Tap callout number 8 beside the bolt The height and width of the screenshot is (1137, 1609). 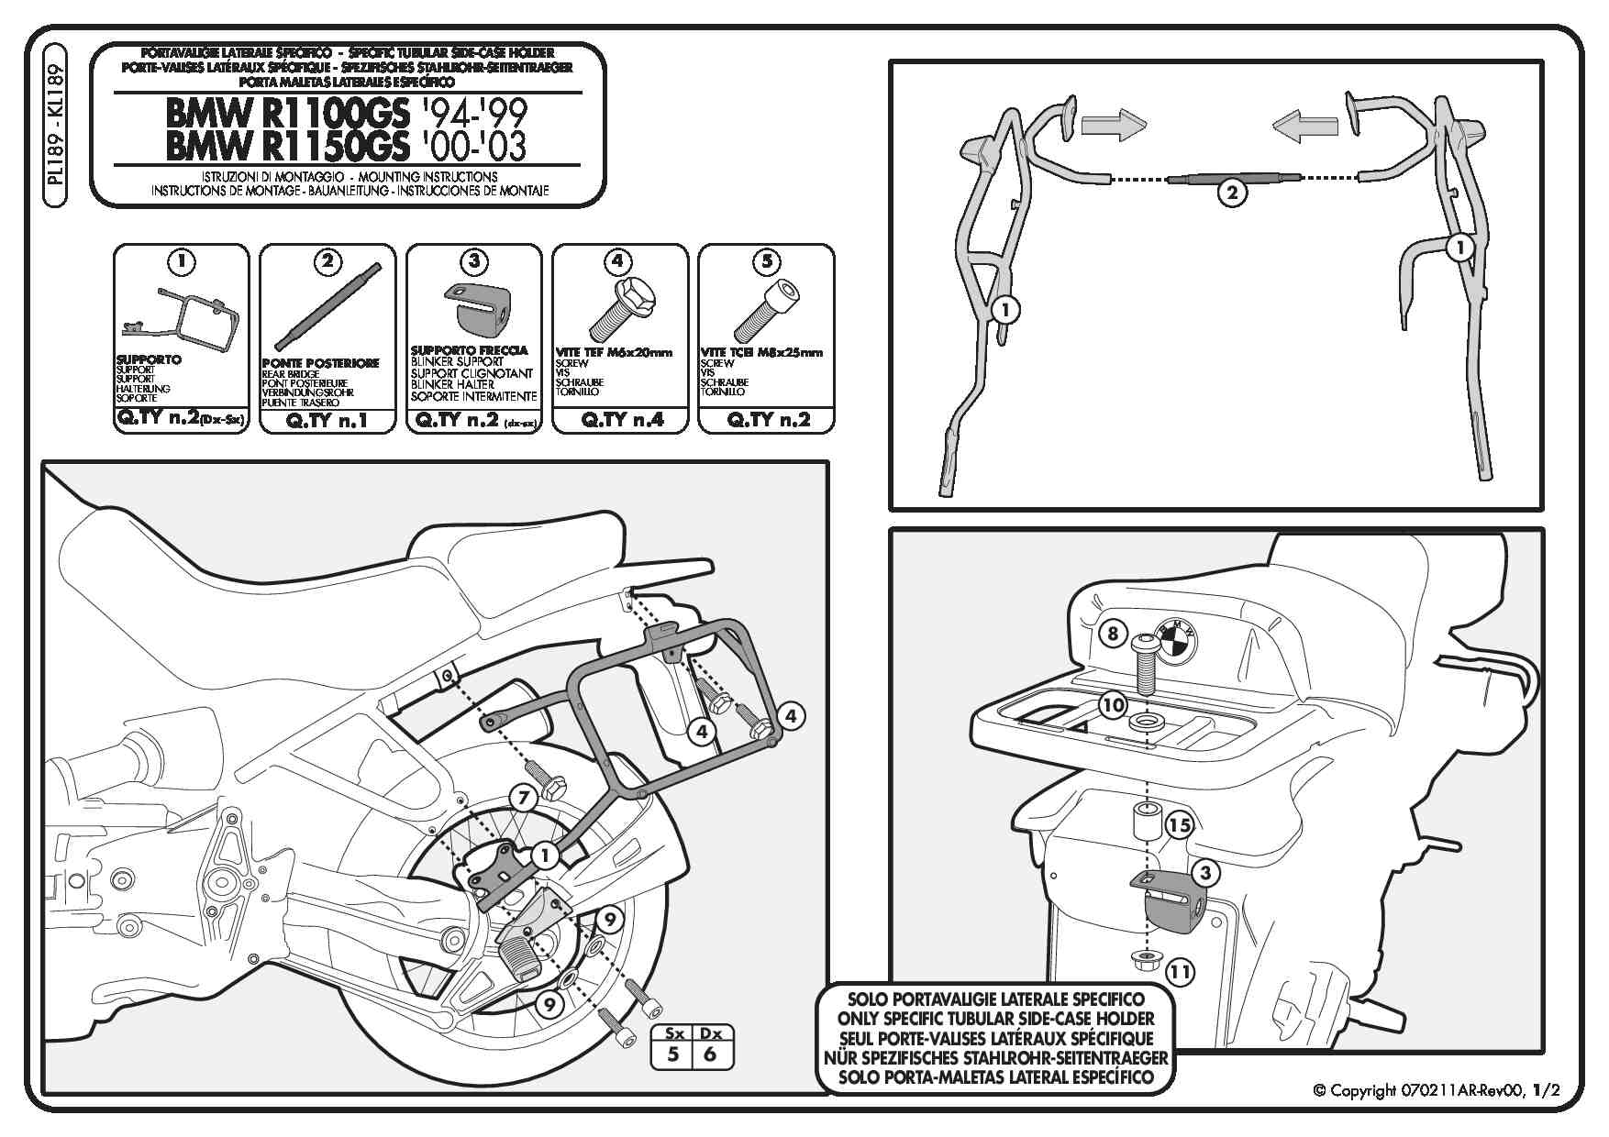click(x=1112, y=634)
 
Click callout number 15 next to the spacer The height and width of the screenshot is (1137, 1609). click(x=1180, y=825)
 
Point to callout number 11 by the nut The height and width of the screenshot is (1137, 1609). click(x=1181, y=971)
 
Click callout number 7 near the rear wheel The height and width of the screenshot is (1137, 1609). click(x=522, y=798)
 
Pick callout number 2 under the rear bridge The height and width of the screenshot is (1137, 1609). click(x=1232, y=193)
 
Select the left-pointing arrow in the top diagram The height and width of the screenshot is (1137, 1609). click(x=1304, y=126)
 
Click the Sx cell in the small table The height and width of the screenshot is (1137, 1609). click(x=672, y=1033)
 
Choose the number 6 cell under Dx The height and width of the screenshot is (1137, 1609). click(x=709, y=1054)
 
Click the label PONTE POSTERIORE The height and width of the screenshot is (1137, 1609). click(x=320, y=363)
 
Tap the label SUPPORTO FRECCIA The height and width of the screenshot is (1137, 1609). click(x=469, y=350)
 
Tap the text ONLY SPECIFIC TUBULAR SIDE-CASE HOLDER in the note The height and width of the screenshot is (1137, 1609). click(x=995, y=1018)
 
